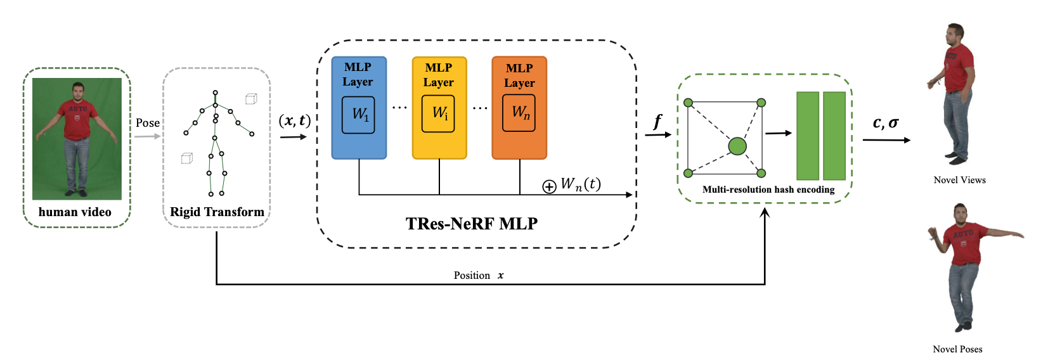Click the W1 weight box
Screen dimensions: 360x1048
pyautogui.click(x=358, y=115)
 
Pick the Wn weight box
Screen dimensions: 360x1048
pyautogui.click(x=519, y=113)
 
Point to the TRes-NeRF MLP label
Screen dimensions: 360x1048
pyautogui.click(x=471, y=224)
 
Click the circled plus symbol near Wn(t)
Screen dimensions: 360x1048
pyautogui.click(x=549, y=186)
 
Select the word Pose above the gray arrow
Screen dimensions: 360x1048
pyautogui.click(x=148, y=123)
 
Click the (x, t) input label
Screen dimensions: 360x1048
pyautogui.click(x=295, y=120)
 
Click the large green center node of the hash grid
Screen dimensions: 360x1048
pyautogui.click(x=737, y=146)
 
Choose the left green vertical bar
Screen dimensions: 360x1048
pyautogui.click(x=808, y=136)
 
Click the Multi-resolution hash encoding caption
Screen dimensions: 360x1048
pyautogui.click(x=768, y=190)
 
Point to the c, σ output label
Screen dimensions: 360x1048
pyautogui.click(x=886, y=123)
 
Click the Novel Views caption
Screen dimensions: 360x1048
pyautogui.click(x=959, y=180)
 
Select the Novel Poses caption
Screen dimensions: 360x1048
pyautogui.click(x=957, y=349)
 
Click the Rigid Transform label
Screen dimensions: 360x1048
pyautogui.click(x=217, y=212)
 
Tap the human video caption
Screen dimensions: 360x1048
pyautogui.click(x=75, y=212)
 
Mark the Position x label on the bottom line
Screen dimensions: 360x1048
pyautogui.click(x=479, y=275)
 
